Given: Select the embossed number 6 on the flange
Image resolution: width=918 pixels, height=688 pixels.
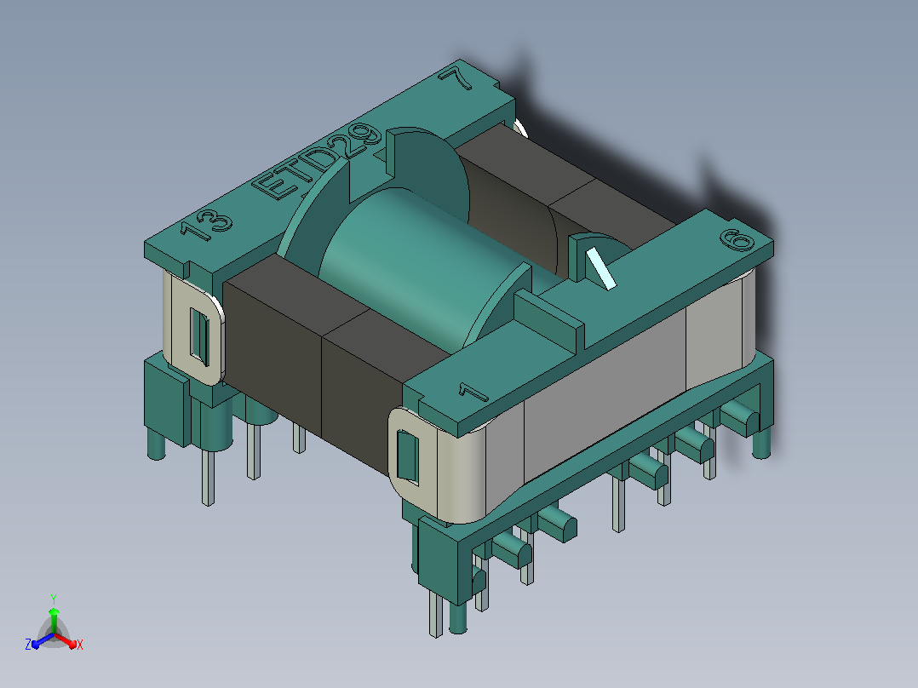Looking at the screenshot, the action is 737,240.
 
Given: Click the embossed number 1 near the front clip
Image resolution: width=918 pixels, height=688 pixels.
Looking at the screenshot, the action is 473,392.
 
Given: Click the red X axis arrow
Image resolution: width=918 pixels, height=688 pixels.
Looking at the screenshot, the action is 65,640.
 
